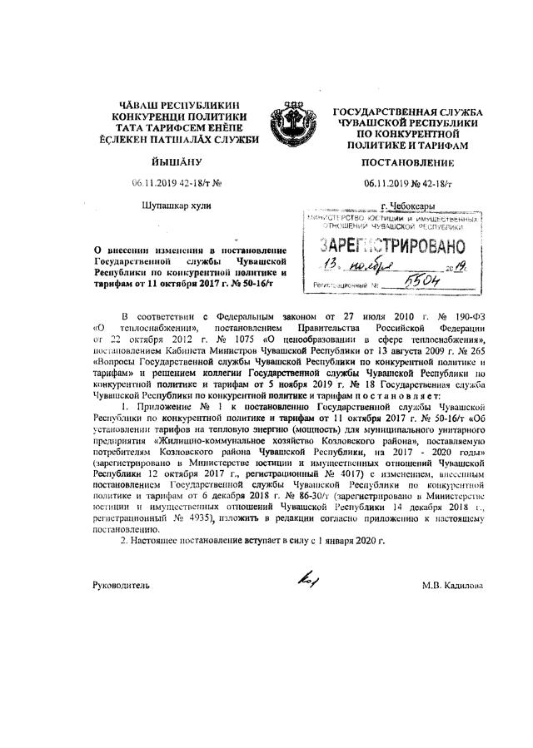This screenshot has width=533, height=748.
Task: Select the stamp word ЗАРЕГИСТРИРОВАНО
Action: pyautogui.click(x=391, y=246)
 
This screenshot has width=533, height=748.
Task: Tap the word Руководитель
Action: pyautogui.click(x=122, y=586)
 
